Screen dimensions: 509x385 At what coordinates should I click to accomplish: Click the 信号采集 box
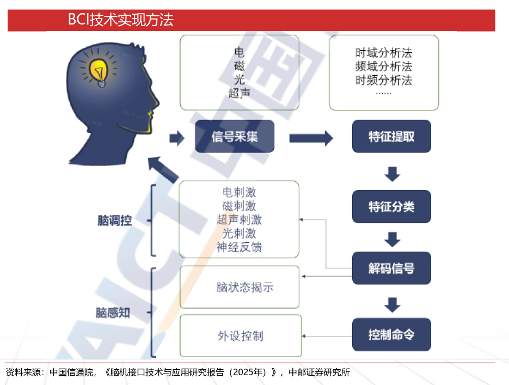click(235, 136)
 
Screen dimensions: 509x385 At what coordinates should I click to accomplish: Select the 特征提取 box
click(391, 136)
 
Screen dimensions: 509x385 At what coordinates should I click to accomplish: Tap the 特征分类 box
click(391, 207)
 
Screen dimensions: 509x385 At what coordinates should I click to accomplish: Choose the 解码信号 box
click(391, 268)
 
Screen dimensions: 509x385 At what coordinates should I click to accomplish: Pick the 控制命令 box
click(391, 334)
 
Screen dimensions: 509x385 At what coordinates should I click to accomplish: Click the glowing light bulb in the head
click(101, 70)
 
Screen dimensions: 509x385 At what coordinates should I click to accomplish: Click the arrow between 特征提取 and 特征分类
click(392, 174)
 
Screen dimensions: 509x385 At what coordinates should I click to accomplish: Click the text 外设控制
click(240, 335)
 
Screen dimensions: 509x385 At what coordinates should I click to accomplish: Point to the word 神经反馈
click(239, 247)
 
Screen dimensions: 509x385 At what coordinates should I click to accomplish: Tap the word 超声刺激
click(239, 220)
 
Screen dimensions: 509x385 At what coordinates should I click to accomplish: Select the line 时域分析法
click(384, 53)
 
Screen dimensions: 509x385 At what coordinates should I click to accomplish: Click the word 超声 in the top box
click(240, 93)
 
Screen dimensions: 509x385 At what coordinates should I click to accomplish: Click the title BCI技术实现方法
click(120, 21)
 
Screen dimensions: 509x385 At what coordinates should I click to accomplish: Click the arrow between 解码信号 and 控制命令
click(392, 303)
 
